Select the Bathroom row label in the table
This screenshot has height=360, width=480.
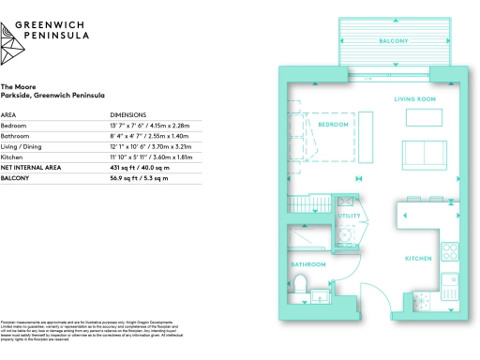[16, 135]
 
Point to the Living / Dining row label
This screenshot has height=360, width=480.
[22, 145]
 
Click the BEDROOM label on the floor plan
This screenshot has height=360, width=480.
[334, 125]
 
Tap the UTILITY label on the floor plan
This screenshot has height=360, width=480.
[349, 216]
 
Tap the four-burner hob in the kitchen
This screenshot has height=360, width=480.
[449, 302]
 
